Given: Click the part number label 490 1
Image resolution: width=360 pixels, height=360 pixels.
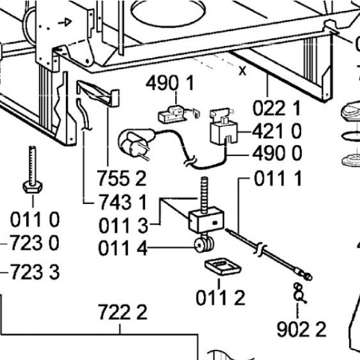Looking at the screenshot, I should click(x=170, y=84).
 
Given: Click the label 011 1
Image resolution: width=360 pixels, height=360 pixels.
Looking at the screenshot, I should click(x=278, y=178).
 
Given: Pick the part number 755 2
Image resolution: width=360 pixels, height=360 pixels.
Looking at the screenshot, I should click(x=122, y=178).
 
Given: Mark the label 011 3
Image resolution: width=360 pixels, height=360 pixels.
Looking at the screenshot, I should click(x=122, y=226).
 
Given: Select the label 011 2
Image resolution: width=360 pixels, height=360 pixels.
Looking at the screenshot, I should click(x=220, y=296).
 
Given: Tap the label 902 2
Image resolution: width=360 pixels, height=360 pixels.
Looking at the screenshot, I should click(x=301, y=329).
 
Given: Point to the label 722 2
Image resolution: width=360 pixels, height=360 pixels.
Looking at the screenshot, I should click(x=122, y=313).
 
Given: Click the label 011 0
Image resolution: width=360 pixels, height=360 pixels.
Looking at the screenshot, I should click(x=35, y=220).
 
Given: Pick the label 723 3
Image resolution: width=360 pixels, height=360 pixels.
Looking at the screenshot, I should click(x=35, y=273).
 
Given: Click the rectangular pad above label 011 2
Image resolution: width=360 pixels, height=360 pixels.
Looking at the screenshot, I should click(x=220, y=267).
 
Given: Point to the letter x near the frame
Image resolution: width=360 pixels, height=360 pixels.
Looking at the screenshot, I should click(x=242, y=71).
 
